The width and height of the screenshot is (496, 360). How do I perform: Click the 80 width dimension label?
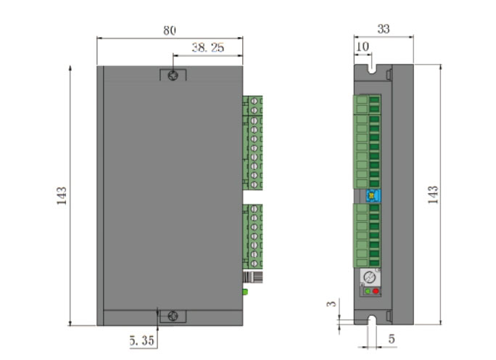(x=170, y=30)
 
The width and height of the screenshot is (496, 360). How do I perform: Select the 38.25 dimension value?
(x=208, y=47)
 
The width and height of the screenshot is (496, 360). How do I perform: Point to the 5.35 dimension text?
(x=142, y=340)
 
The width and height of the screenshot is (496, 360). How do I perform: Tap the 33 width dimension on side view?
(x=384, y=29)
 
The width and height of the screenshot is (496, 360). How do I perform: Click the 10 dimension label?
(x=363, y=47)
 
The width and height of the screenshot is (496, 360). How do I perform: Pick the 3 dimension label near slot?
(x=331, y=303)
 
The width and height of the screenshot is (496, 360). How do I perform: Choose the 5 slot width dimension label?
(x=392, y=339)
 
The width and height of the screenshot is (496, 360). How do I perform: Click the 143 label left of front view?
(x=62, y=196)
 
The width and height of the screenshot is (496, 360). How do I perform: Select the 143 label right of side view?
(x=433, y=195)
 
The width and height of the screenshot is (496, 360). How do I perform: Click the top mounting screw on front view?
(x=173, y=75)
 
